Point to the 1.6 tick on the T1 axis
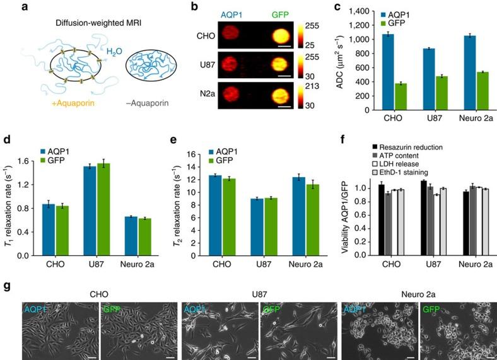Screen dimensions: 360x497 pyautogui.click(x=30, y=161)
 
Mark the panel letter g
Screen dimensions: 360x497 pyautogui.click(x=6, y=286)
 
